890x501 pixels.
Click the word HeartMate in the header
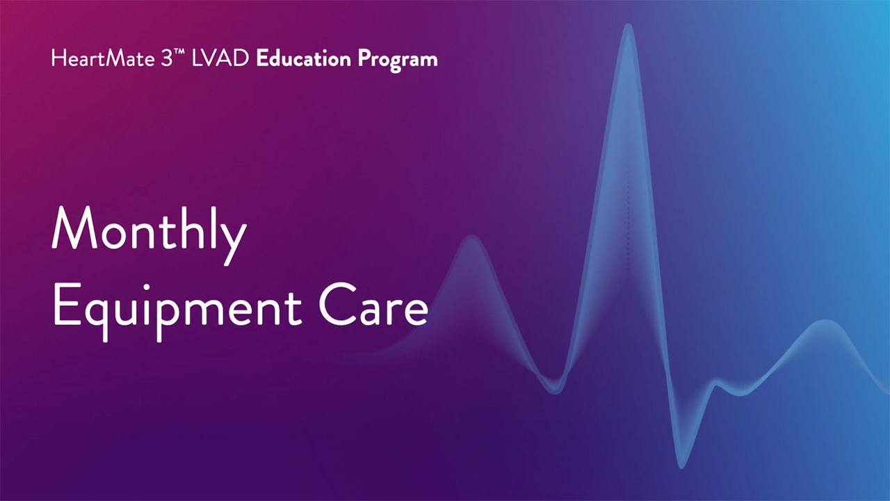coord(103,58)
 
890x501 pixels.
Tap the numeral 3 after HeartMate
coord(167,58)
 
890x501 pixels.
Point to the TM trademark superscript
coord(179,51)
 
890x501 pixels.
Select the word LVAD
coord(220,58)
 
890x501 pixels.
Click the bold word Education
coord(304,58)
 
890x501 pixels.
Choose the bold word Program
coord(398,61)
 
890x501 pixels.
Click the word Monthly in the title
coord(149,234)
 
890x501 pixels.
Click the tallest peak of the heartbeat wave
coord(628,27)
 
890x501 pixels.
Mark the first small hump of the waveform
coord(471,239)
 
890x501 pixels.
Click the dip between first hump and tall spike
coord(555,390)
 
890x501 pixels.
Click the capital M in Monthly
coord(74,228)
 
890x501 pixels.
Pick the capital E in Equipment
coord(67,304)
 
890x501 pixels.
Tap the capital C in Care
coord(338,304)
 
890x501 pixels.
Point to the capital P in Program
coord(365,58)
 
